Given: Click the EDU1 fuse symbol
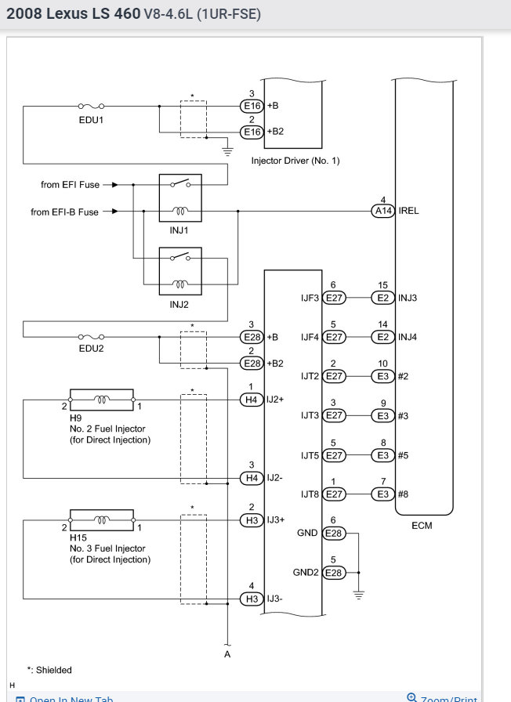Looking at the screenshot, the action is pyautogui.click(x=92, y=106).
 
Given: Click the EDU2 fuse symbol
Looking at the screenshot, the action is pyautogui.click(x=92, y=337).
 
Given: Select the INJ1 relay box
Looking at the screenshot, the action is pyautogui.click(x=180, y=198).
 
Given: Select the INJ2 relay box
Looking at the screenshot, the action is pyautogui.click(x=180, y=271).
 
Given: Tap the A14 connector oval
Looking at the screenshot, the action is pyautogui.click(x=383, y=211).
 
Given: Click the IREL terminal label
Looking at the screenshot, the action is pyautogui.click(x=408, y=211).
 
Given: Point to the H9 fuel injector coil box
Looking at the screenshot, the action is pyautogui.click(x=102, y=400).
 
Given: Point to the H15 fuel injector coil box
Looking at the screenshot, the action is pyautogui.click(x=102, y=519).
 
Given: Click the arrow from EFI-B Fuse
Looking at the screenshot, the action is pyautogui.click(x=111, y=212).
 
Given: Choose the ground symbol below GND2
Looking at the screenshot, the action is pyautogui.click(x=358, y=595).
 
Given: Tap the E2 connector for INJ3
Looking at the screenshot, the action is pyautogui.click(x=383, y=298).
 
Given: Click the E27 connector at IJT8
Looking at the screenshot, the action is pyautogui.click(x=334, y=494).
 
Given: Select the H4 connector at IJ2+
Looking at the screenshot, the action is pyautogui.click(x=252, y=400).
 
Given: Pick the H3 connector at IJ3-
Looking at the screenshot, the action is pyautogui.click(x=252, y=599).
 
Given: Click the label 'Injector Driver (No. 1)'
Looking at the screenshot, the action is pyautogui.click(x=295, y=161).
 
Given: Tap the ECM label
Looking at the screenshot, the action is pyautogui.click(x=422, y=525).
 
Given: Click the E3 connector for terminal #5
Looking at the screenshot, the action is pyautogui.click(x=383, y=455).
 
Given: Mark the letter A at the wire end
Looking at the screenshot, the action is pyautogui.click(x=227, y=654).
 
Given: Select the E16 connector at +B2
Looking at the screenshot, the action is pyautogui.click(x=252, y=132).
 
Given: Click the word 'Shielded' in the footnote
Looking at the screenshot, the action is pyautogui.click(x=54, y=670).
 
